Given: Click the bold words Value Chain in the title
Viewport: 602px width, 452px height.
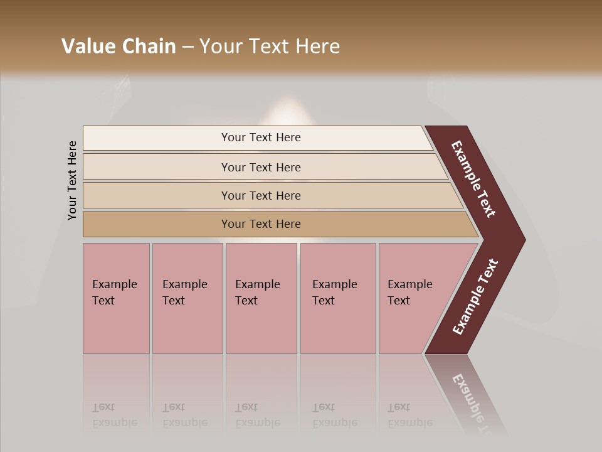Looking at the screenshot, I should (119, 46).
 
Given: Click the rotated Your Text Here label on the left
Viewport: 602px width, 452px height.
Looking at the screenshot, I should (73, 181).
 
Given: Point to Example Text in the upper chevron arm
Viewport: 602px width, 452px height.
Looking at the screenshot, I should (473, 179).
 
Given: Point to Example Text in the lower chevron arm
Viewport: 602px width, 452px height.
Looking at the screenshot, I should (475, 297).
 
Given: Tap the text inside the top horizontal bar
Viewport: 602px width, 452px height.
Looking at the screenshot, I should (261, 137).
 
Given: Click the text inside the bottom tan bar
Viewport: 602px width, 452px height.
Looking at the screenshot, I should (261, 224).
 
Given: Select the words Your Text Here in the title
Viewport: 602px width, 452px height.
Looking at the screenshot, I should (270, 46).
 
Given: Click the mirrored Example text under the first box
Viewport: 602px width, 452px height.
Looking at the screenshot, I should (114, 422).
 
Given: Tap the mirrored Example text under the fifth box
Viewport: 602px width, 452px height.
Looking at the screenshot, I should (409, 422).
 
